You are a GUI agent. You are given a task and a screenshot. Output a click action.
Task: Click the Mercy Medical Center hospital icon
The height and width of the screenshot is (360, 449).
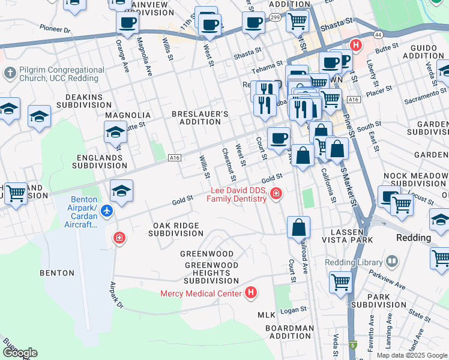[251, 293]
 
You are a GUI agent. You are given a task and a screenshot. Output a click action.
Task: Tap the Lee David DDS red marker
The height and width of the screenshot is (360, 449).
[276, 193]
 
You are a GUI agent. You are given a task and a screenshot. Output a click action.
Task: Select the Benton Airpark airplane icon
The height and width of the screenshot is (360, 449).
[107, 211]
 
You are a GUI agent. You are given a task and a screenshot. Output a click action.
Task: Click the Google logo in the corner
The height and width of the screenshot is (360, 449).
[19, 353]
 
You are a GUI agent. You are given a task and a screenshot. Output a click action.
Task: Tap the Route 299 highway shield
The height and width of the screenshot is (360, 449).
[275, 19]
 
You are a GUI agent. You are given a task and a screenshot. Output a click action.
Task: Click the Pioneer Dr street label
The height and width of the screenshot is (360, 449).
[55, 29]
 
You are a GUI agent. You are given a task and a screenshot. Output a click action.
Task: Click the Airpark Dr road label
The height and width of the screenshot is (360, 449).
[116, 297]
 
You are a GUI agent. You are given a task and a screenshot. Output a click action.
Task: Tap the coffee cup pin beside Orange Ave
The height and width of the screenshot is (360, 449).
[127, 23]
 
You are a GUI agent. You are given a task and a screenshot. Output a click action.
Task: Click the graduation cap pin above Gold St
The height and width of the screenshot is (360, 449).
[122, 191]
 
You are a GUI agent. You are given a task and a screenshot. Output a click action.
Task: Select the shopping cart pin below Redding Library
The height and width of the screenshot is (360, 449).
[340, 281]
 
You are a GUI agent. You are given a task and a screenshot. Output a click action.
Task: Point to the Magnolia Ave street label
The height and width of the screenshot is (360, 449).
[144, 57]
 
